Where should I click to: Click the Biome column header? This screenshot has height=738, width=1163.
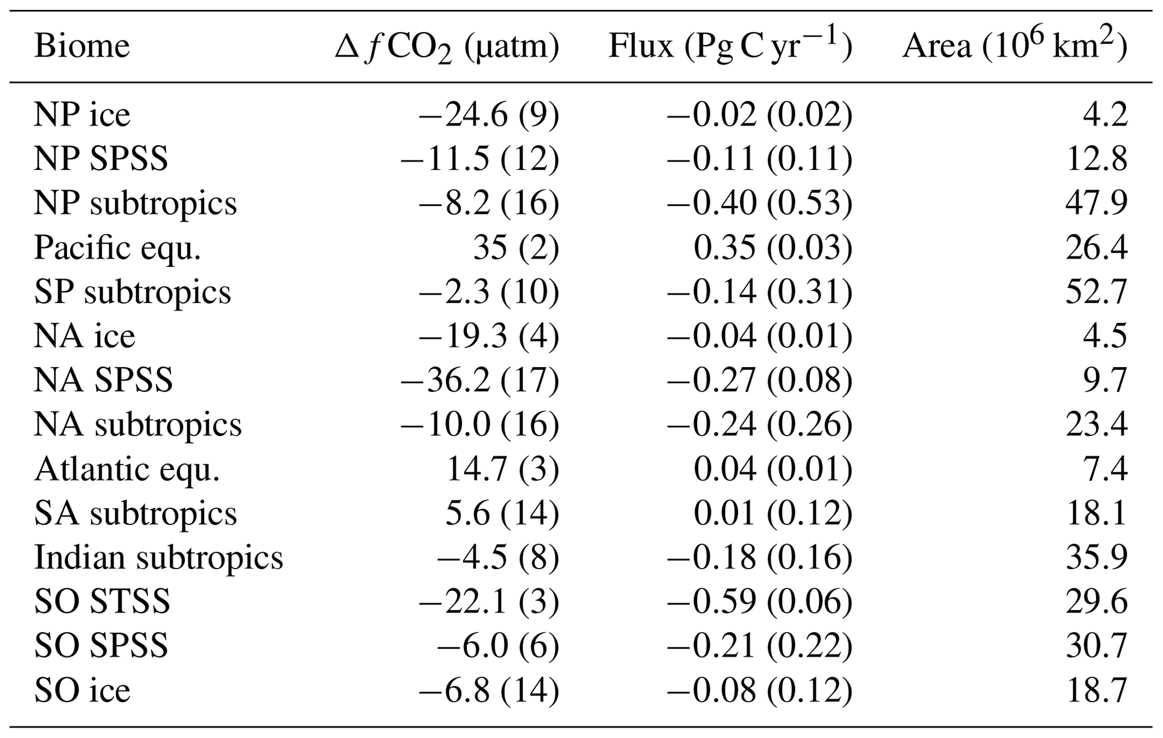(82, 46)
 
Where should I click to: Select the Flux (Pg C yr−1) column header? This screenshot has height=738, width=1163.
(730, 46)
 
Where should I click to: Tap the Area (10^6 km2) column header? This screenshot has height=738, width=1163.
(1014, 46)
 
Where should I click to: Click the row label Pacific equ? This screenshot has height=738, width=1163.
(118, 248)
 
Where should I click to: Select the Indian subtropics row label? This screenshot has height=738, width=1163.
(159, 558)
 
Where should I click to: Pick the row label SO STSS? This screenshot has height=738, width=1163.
(102, 602)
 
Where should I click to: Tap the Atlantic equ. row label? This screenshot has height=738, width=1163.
(127, 469)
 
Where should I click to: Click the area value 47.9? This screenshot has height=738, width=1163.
(1096, 203)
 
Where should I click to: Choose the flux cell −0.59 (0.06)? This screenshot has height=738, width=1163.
(760, 602)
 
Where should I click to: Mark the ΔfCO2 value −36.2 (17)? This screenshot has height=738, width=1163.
(479, 381)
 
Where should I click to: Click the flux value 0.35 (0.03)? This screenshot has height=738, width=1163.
(773, 248)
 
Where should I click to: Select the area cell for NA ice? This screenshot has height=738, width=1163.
(1105, 336)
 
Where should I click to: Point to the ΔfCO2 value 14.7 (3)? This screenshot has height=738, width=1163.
(502, 469)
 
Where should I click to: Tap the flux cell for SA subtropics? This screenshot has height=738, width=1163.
(773, 513)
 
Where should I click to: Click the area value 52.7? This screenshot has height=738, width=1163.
(1096, 292)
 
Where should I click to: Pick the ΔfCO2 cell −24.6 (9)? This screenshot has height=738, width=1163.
(488, 115)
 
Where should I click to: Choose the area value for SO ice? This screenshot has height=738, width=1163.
(1097, 691)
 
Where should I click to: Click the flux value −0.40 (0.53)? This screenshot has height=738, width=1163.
(760, 203)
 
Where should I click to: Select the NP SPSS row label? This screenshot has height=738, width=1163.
(101, 159)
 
